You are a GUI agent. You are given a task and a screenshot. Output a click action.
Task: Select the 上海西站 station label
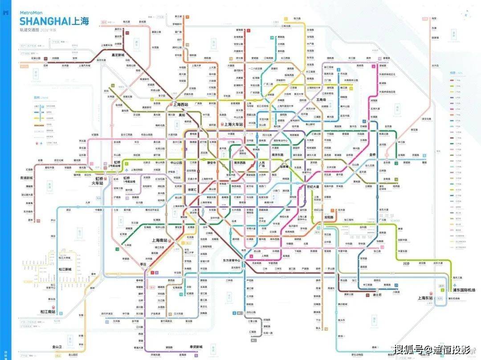click(180, 105)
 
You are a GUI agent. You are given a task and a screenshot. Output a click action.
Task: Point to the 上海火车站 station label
click(233, 125)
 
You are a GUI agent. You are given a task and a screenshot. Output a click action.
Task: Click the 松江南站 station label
click(47, 311)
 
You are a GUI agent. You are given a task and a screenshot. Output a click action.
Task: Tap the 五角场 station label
click(322, 100)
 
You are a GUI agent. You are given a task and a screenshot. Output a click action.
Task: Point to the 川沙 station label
click(406, 263)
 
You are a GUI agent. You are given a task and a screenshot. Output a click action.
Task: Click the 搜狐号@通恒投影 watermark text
click(431, 349)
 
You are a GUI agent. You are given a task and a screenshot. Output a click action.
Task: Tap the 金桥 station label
click(372, 154)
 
